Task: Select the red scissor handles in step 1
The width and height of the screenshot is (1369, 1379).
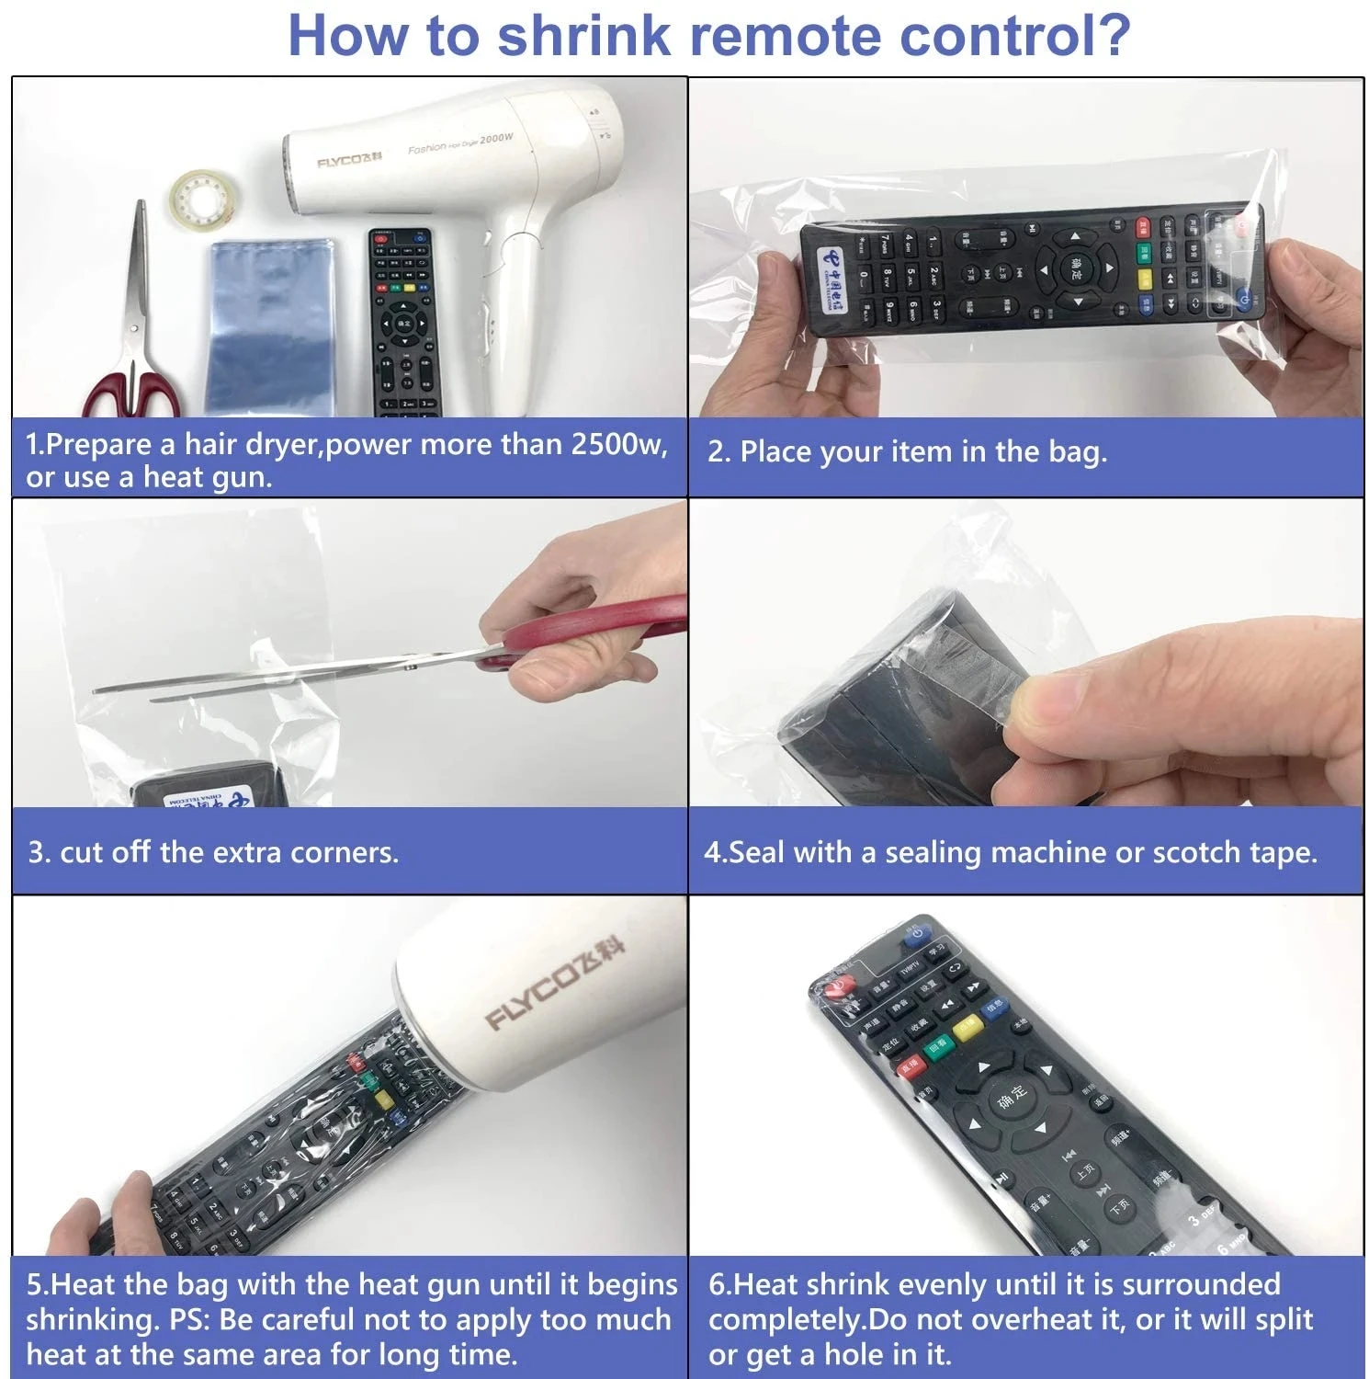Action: pyautogui.click(x=129, y=392)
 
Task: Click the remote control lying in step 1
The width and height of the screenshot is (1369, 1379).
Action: pyautogui.click(x=405, y=322)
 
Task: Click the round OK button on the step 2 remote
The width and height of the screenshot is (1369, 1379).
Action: pyautogui.click(x=1075, y=269)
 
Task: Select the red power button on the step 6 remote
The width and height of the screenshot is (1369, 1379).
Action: pyautogui.click(x=836, y=988)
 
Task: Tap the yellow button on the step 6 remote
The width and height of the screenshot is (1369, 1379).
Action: pyautogui.click(x=967, y=1029)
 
